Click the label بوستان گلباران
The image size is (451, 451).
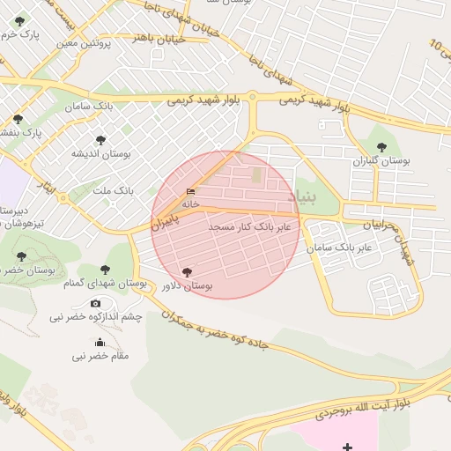tap(381, 162)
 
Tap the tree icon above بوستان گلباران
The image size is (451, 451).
tap(381, 147)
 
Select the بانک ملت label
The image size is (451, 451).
tap(113, 190)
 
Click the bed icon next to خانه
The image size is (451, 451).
tap(191, 192)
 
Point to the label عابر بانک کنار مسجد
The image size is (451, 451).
tap(255, 227)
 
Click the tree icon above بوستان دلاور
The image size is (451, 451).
tap(186, 272)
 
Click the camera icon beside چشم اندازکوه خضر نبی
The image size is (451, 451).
tap(96, 303)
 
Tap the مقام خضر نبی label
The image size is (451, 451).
tap(100, 356)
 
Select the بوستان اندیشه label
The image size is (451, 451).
tap(100, 153)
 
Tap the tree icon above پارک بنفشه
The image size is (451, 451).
tap(18, 118)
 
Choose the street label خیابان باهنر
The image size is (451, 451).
tap(159, 38)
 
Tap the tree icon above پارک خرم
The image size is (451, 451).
tap(19, 21)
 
